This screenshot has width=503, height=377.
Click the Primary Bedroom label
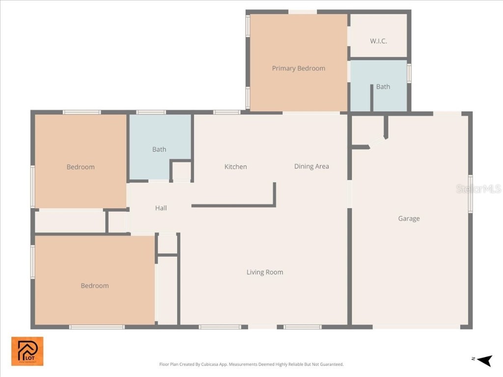[299, 68]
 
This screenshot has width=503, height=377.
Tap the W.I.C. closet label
[378, 41]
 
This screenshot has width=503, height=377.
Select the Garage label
[409, 218]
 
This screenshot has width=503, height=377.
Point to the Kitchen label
[235, 166]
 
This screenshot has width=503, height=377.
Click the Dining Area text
[311, 166]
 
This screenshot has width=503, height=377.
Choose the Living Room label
[265, 272]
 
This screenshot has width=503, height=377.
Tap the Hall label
[161, 208]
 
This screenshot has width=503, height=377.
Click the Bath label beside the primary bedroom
[383, 86]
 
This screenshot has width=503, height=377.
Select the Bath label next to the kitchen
[159, 149]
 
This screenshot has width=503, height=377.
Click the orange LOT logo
[28, 351]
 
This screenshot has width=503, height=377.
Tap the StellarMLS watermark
[478, 188]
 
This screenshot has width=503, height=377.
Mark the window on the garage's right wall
[470, 193]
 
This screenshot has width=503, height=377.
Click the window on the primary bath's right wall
[409, 73]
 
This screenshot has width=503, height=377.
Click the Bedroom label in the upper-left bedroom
[81, 167]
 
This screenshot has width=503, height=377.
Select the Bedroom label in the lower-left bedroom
[95, 286]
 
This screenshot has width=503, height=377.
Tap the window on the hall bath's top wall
[151, 112]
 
